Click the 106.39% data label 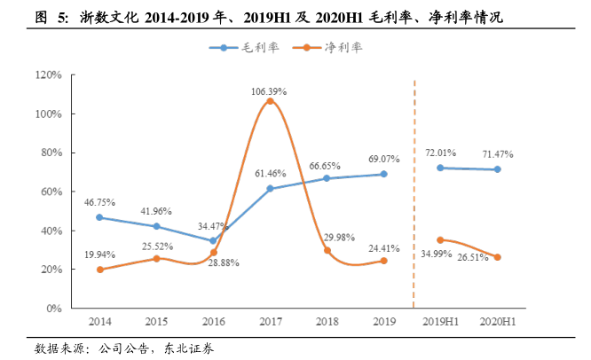[x=270, y=91]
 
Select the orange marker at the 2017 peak [x=270, y=101]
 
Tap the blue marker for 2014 [x=99, y=217]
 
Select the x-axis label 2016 [x=213, y=322]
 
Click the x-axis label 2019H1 [x=439, y=322]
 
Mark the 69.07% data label [x=384, y=160]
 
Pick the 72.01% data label [x=440, y=153]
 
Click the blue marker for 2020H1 [x=497, y=169]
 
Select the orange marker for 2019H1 [x=440, y=239]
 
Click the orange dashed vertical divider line [x=414, y=195]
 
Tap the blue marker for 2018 [x=327, y=178]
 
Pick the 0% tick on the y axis [x=52, y=309]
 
